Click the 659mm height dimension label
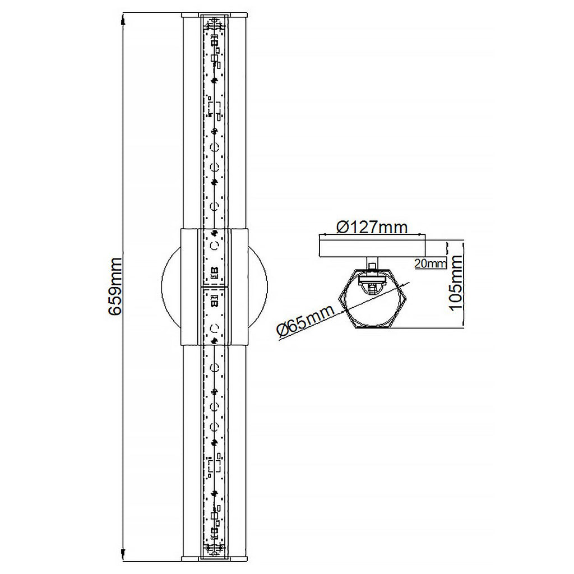point(115,287)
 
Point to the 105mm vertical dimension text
point(456,283)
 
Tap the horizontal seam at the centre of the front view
point(214,287)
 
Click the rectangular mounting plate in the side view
point(372,246)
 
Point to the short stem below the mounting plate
point(372,262)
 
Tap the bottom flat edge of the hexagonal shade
point(372,329)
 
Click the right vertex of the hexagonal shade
point(408,297)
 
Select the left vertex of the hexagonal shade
point(336,297)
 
